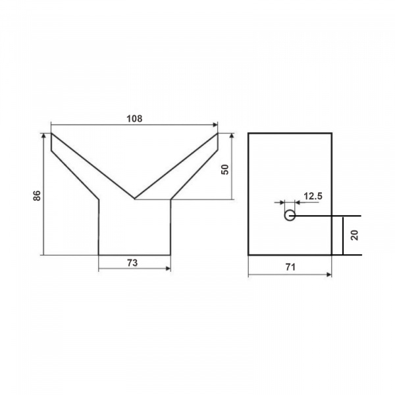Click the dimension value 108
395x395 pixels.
(134, 118)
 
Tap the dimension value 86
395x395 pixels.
(37, 196)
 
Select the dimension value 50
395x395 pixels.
(225, 169)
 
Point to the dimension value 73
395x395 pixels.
(132, 263)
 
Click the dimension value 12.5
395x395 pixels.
(313, 196)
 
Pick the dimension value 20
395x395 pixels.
(354, 235)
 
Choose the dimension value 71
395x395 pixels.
(290, 267)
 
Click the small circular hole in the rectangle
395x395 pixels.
(290, 216)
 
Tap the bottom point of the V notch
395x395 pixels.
(135, 199)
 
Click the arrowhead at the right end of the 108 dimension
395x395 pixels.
(215, 124)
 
